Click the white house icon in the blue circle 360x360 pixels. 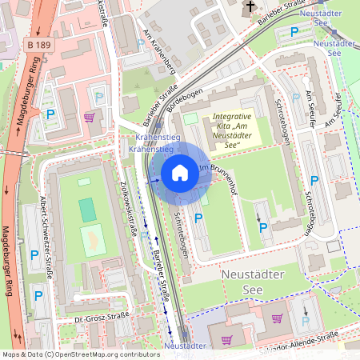pos(180,172)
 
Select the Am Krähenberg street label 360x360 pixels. pos(159,52)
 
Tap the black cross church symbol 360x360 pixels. pos(250,8)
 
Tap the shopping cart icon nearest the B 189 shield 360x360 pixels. pos(90,117)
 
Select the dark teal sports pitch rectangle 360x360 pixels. pos(86,210)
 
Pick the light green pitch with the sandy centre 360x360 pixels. pos(93,240)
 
